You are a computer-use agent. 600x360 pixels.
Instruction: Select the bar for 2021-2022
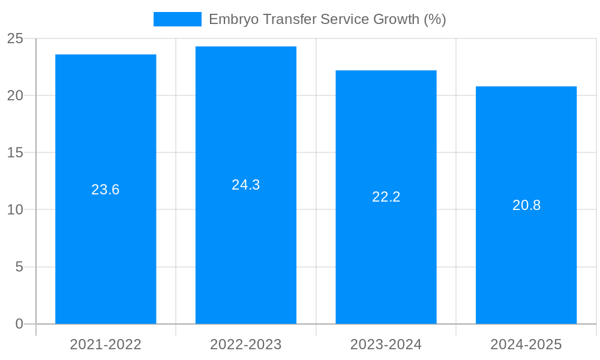point(106,240)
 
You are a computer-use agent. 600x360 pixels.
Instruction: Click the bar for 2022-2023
point(246,240)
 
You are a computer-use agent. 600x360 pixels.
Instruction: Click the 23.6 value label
point(106,190)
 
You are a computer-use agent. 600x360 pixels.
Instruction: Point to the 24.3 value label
point(246,185)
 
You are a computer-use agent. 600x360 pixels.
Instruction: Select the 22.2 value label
point(386,197)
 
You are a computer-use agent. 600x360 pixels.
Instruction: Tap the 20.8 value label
point(526,205)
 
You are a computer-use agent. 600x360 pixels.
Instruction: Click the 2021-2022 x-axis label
point(106,344)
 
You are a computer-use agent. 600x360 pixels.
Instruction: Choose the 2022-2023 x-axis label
point(246,344)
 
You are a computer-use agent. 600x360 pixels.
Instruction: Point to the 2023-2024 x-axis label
point(386,344)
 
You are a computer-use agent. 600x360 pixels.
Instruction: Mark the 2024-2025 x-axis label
point(526,344)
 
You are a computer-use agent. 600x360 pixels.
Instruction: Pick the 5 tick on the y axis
point(19,267)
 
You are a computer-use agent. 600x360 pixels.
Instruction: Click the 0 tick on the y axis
point(19,324)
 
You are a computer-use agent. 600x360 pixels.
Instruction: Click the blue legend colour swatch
point(178,19)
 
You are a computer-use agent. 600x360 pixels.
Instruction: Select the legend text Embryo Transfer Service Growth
point(327,19)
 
